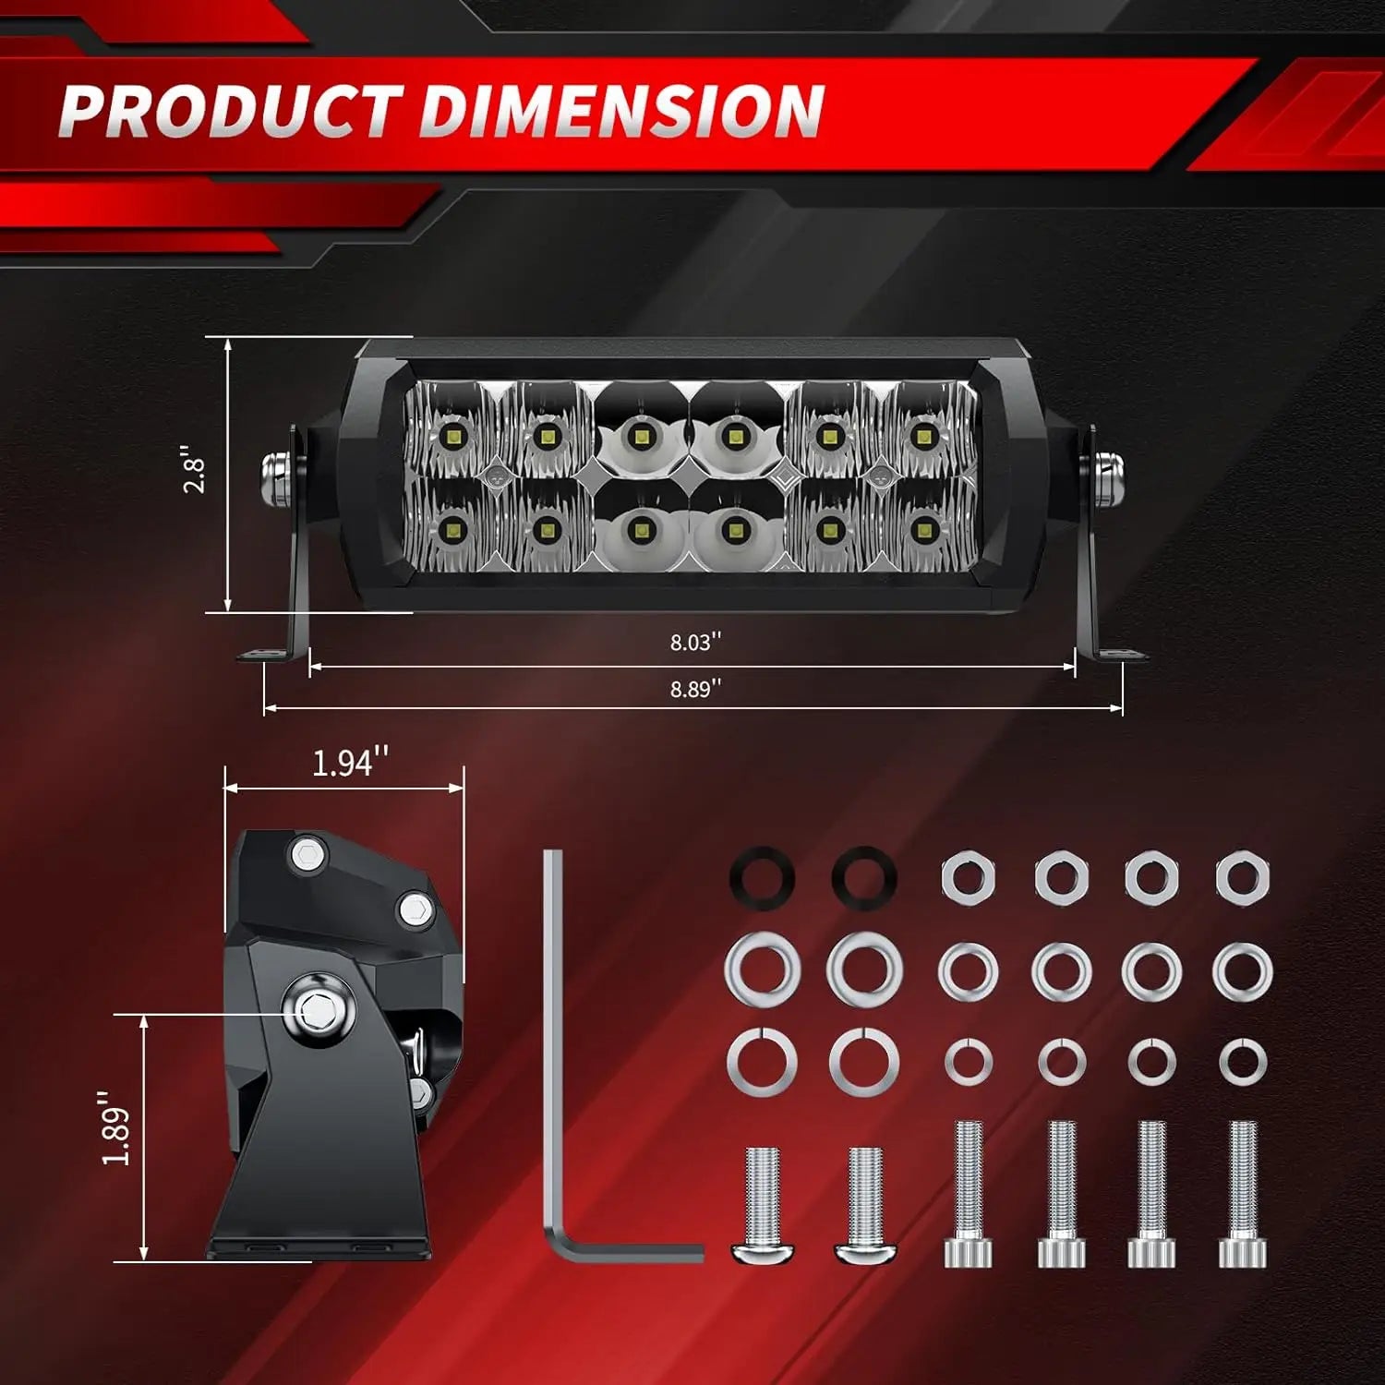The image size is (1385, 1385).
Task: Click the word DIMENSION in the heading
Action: click(x=621, y=111)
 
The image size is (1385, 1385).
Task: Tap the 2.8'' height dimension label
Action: click(x=195, y=471)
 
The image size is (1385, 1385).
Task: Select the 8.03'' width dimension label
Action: click(x=695, y=642)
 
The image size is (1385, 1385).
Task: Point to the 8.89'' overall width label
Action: click(x=695, y=689)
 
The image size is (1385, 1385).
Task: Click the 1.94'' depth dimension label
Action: click(x=349, y=763)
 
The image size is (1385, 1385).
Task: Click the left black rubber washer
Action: click(x=763, y=877)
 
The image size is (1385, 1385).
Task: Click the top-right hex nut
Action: click(x=1243, y=877)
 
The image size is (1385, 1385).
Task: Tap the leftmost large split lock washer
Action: click(x=763, y=1059)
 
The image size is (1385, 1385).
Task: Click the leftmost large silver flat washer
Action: click(x=763, y=969)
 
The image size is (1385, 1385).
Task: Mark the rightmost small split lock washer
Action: click(x=1243, y=1062)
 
